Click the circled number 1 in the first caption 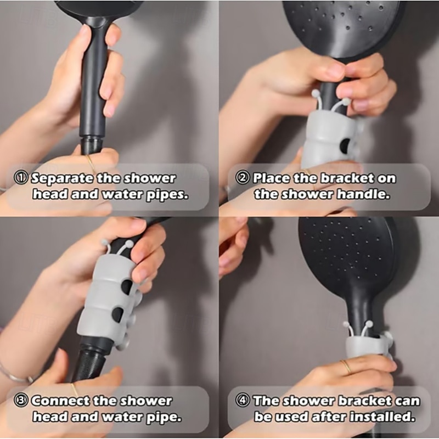point(21,178)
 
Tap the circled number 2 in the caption point(243,178)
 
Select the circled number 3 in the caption point(21,401)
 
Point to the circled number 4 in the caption point(243,401)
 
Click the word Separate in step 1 point(61,178)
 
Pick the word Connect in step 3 point(61,401)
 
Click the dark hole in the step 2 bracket point(345,144)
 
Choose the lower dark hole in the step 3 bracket point(118,314)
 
